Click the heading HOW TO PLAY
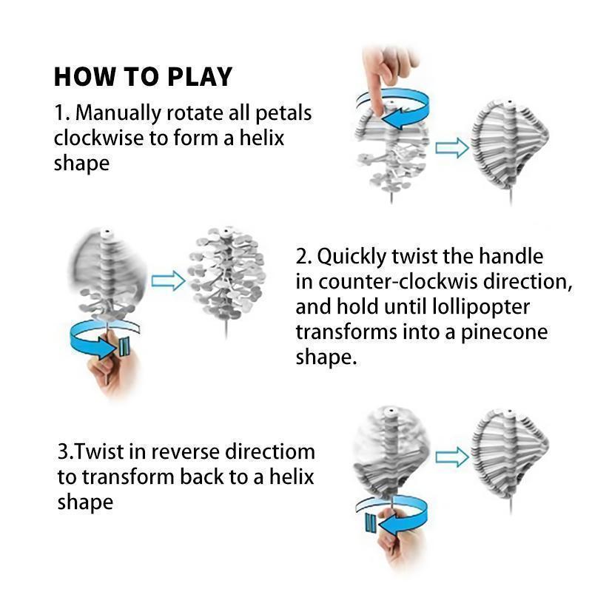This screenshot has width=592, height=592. tap(143, 77)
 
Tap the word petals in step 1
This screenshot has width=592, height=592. tap(283, 113)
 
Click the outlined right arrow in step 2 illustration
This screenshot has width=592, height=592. tap(167, 281)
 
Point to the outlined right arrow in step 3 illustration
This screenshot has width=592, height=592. tap(451, 457)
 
